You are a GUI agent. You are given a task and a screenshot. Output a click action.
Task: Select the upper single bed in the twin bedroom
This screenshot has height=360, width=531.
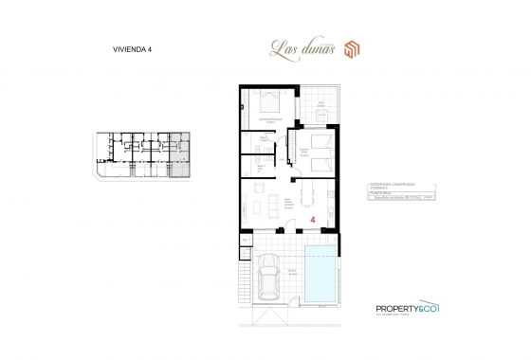click(x=320, y=141)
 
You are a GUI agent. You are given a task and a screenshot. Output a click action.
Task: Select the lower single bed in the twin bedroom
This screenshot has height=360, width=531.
click(x=320, y=163)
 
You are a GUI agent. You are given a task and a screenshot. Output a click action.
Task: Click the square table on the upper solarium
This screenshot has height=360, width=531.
click(x=321, y=115)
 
